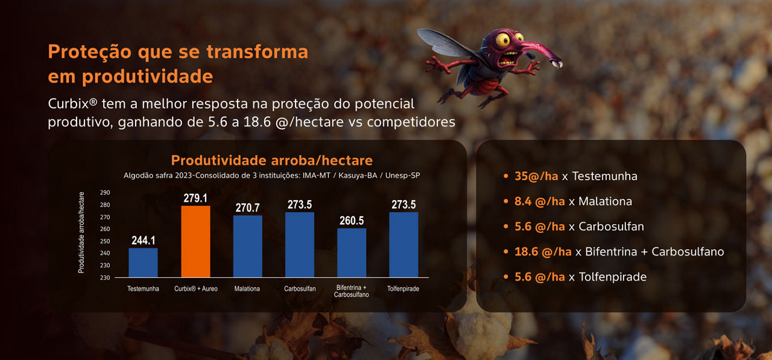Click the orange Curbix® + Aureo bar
(195, 241)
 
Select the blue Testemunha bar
(143, 262)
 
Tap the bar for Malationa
(247, 246)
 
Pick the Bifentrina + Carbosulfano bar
(352, 253)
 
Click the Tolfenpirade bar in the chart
(403, 245)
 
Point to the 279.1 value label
(195, 198)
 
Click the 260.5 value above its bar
(352, 221)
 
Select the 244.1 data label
(144, 240)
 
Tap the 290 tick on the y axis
(105, 192)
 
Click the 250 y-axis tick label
(105, 241)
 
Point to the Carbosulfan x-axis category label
(300, 289)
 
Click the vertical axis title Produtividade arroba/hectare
(81, 233)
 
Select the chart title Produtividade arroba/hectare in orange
(272, 160)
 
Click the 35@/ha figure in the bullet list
(536, 177)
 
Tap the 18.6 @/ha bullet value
(543, 252)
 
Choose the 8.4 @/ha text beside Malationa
(540, 201)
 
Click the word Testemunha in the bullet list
(605, 177)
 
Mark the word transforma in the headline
(258, 52)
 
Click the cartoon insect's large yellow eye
(503, 40)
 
